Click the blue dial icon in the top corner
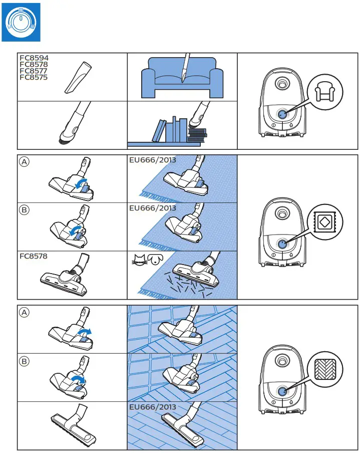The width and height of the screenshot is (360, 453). pos(21,23)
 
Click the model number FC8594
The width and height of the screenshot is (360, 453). pos(34,58)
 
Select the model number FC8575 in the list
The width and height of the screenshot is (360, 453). pos(34,77)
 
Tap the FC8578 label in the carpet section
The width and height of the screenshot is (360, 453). pos(34,256)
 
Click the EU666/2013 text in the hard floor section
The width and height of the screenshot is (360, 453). pos(153,407)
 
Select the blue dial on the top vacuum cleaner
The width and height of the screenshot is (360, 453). pos(283,114)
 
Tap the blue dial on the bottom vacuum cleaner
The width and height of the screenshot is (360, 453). pos(283,392)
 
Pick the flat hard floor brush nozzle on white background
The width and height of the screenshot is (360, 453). pos(75,426)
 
